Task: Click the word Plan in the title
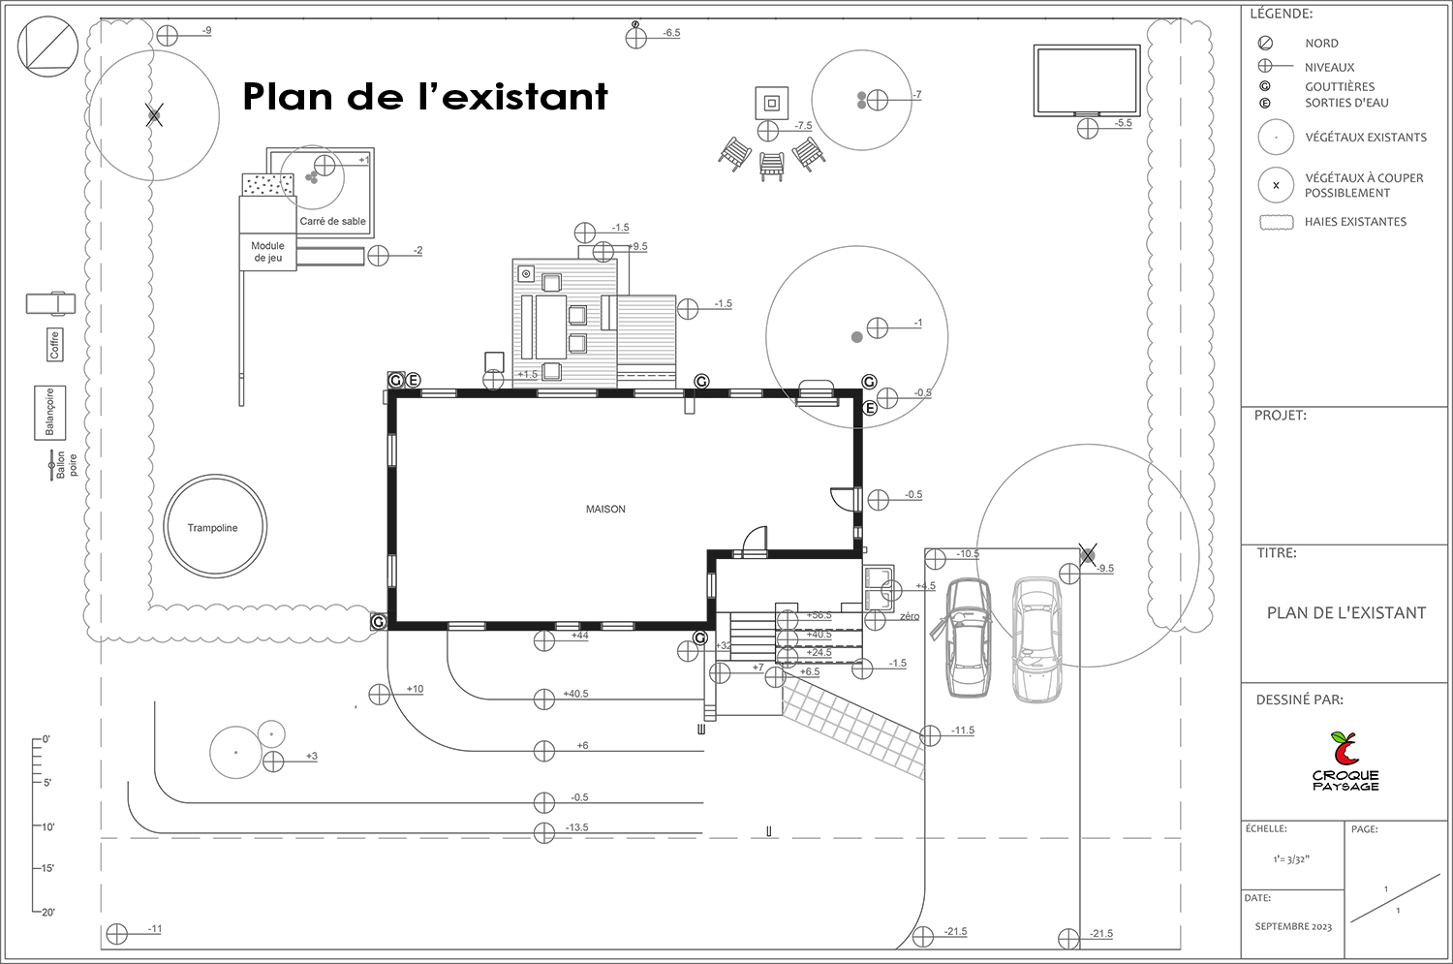coord(280,97)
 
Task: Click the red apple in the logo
coord(1345,749)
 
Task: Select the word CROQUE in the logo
coord(1345,775)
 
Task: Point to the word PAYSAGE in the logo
coord(1345,787)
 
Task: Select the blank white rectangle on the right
coord(1345,484)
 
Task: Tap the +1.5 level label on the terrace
coord(526,374)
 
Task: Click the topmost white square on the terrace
coord(551,282)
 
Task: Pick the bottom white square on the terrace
coord(551,371)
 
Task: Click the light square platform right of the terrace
coord(645,329)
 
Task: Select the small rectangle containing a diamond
coord(50,304)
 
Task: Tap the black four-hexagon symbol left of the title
coord(157,114)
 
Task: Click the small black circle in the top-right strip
coord(1276,184)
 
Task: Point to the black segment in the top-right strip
coord(1269,95)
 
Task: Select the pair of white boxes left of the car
coord(879,589)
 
